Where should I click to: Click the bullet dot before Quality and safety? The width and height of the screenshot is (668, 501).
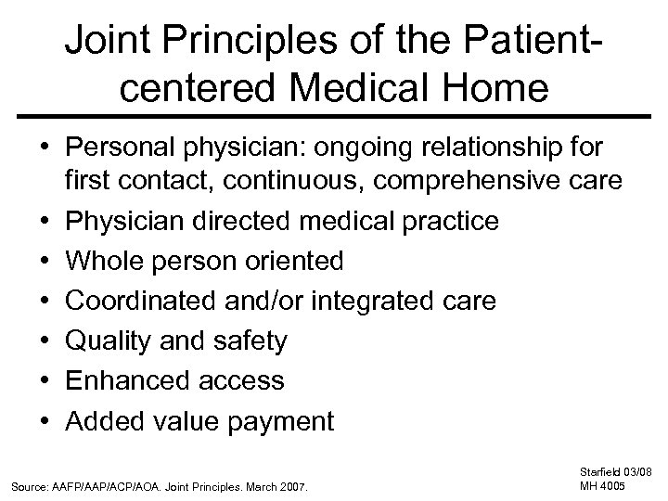(47, 340)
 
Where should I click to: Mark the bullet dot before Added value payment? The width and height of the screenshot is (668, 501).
(47, 420)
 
